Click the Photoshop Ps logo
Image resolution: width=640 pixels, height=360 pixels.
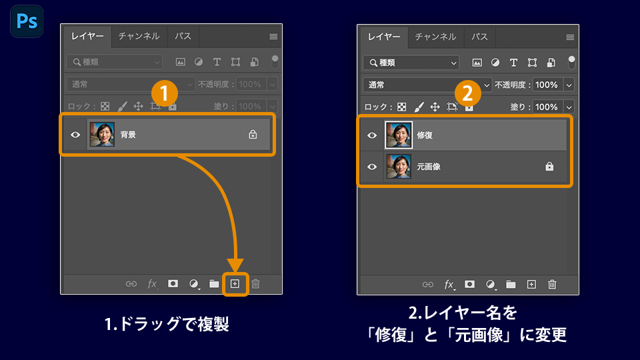coord(27,21)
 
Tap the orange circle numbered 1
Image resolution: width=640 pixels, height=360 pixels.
coord(165,93)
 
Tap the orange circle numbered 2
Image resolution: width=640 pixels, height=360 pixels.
coord(467,93)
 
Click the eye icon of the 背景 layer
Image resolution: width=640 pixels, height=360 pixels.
coord(75,135)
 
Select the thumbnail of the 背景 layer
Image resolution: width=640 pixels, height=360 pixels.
coord(102,134)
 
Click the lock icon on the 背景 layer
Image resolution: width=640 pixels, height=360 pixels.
coord(253,134)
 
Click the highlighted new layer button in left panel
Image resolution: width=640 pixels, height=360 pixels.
coord(235,284)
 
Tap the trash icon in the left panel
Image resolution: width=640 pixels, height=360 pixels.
coord(255,284)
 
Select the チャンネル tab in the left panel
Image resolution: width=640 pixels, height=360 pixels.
coord(139,36)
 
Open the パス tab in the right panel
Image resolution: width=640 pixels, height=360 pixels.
coord(479,37)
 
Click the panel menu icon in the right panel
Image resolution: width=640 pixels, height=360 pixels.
coord(570,37)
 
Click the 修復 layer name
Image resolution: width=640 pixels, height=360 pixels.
coord(425,135)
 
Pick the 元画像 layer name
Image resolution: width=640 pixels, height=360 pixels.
coord(429,167)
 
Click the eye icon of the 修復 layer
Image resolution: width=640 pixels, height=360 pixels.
coord(372,135)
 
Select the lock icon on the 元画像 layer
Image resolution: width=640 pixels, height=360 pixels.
coord(549,167)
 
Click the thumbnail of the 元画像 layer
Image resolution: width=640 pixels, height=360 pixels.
coord(399,167)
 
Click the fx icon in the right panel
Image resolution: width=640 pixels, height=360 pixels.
coord(449,285)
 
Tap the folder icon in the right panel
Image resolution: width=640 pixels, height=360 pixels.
coord(511,285)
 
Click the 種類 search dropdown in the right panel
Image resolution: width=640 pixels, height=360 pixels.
coord(411,63)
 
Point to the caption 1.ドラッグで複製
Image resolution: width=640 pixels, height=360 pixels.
coord(167,325)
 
